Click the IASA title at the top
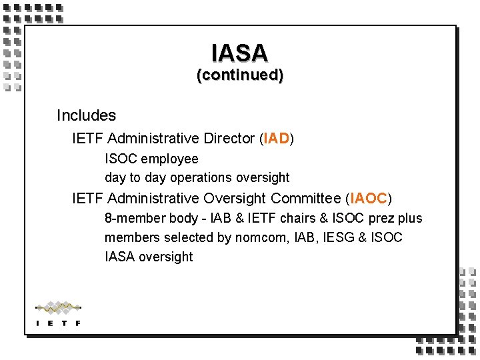click(239, 53)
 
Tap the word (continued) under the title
click(239, 75)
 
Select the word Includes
click(86, 115)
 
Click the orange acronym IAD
click(277, 139)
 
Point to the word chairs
click(299, 218)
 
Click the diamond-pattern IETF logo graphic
click(58, 308)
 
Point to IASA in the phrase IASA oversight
click(120, 257)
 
